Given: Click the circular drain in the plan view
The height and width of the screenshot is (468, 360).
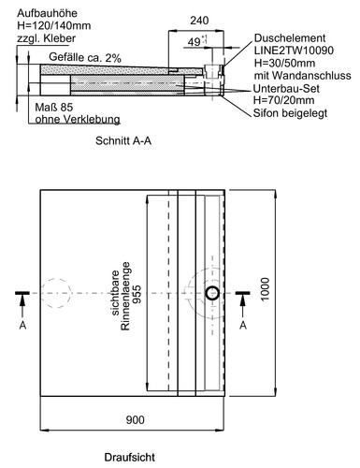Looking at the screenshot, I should tap(214, 294).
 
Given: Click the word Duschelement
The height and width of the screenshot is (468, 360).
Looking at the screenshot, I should tap(285, 38).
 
